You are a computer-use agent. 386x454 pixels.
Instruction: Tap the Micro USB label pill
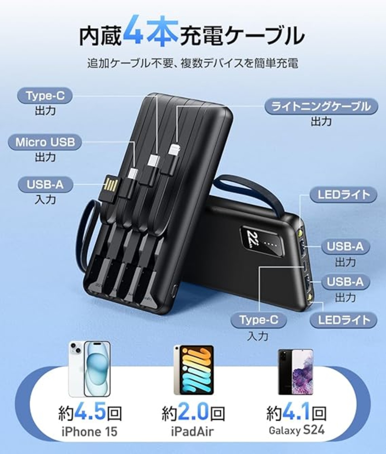click(x=45, y=142)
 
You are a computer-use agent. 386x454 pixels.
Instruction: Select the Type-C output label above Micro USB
click(x=45, y=95)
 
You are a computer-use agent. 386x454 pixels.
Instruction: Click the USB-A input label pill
click(x=45, y=185)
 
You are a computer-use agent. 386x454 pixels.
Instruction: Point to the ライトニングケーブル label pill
click(x=321, y=107)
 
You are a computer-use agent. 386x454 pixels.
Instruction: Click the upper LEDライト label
click(x=343, y=195)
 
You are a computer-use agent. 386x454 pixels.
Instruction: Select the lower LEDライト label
click(x=343, y=320)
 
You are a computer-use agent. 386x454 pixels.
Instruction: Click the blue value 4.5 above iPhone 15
click(x=92, y=413)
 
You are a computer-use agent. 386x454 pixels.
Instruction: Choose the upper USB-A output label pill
click(x=345, y=246)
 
